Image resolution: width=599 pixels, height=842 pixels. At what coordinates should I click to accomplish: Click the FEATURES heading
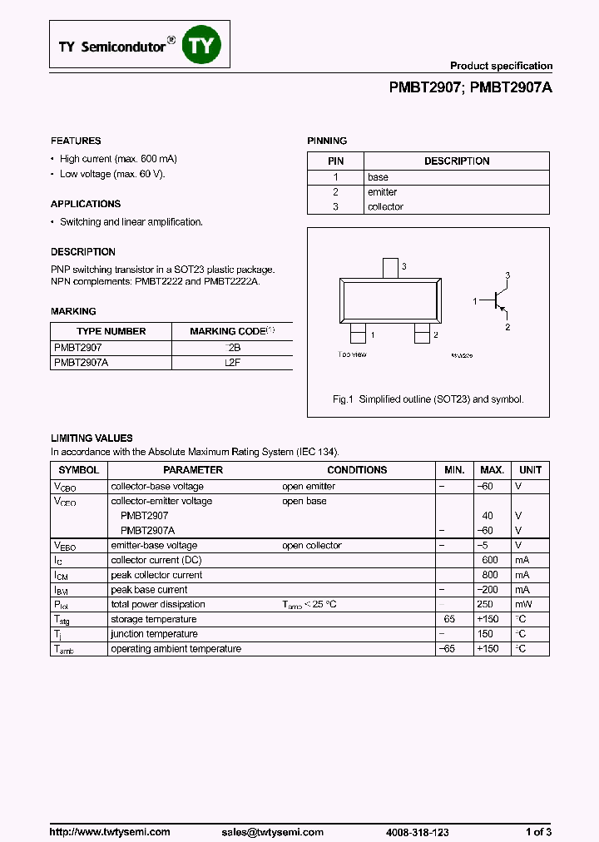coord(76,141)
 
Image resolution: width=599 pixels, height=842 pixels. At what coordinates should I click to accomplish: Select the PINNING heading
coord(327,141)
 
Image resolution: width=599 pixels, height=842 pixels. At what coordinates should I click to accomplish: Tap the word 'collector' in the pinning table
coord(385,206)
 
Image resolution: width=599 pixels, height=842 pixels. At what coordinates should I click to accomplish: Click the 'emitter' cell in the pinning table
coord(382,191)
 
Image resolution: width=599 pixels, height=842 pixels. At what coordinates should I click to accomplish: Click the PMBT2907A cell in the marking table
coord(81,363)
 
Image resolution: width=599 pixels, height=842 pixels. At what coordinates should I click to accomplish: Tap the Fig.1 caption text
coord(428,399)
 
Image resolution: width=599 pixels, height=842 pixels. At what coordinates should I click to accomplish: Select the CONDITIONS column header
coord(357,470)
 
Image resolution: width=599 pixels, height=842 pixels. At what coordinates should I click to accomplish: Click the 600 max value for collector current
coord(490,560)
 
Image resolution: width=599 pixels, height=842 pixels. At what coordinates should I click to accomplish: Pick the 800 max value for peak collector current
coord(490,575)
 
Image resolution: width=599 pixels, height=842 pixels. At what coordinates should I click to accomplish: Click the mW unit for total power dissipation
coord(522,605)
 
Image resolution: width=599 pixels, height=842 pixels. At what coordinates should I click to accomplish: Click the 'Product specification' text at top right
coord(501,66)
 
